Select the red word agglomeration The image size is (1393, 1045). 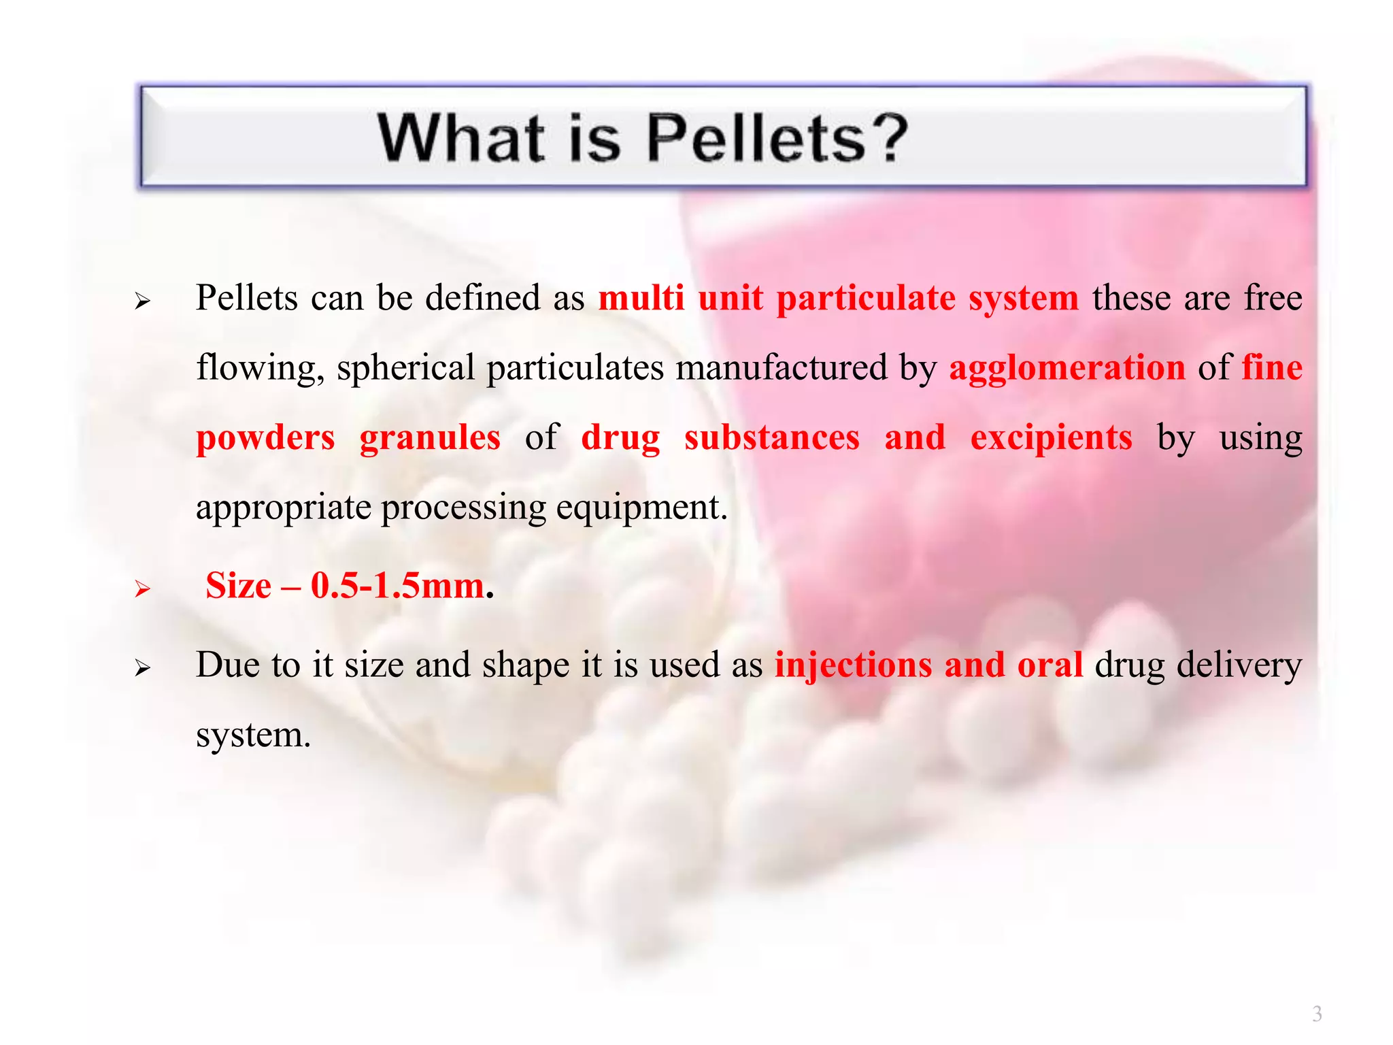(1067, 368)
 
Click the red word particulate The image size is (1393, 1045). (865, 298)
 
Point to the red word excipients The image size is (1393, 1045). (1051, 437)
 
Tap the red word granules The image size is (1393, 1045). (430, 437)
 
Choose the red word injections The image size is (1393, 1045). (853, 665)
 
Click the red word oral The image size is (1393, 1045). (1050, 665)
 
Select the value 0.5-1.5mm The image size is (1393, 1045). (397, 586)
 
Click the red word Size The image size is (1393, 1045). (238, 586)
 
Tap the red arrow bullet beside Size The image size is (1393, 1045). (142, 588)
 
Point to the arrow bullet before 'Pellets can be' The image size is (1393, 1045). (142, 301)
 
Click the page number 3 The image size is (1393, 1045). (1317, 1014)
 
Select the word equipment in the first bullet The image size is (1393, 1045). (641, 508)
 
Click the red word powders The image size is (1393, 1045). (265, 437)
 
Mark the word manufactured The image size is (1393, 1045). (782, 368)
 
